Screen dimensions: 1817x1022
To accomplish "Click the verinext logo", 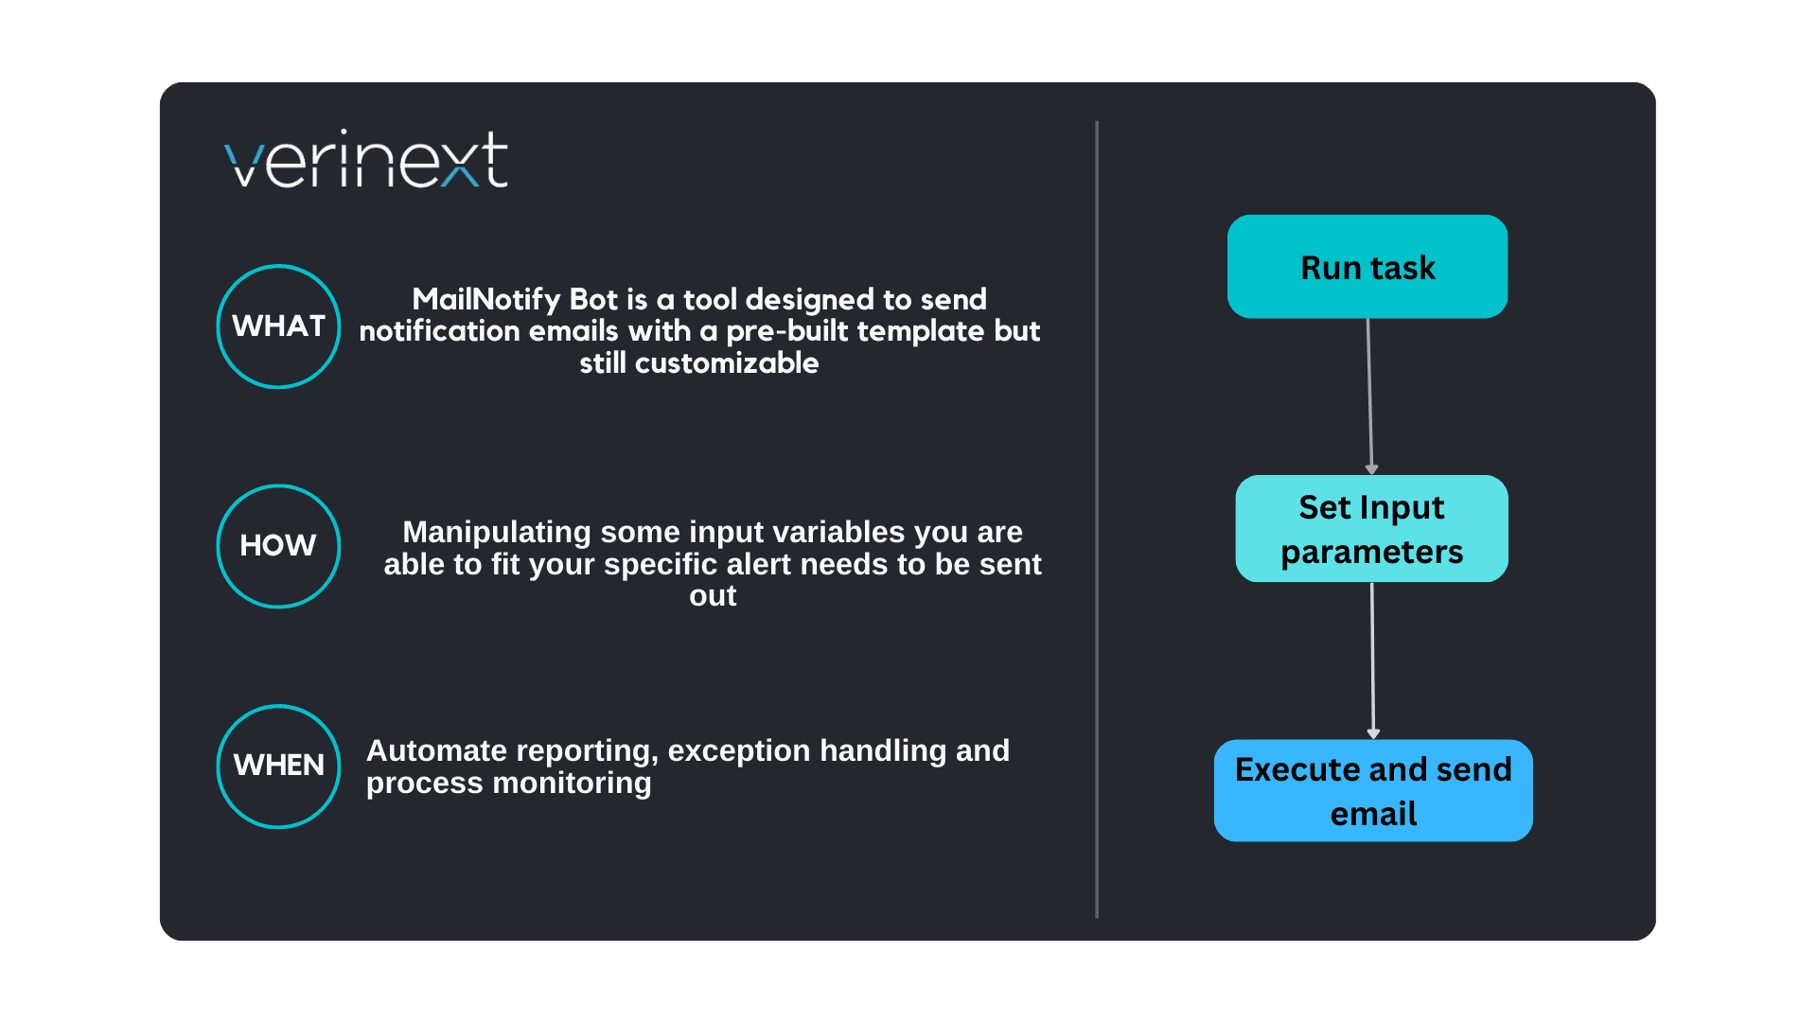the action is tap(366, 159).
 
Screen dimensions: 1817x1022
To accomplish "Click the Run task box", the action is tap(1367, 267).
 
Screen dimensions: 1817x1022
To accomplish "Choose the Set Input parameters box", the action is tap(1371, 529).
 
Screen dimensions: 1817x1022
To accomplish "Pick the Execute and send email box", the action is tap(1373, 791).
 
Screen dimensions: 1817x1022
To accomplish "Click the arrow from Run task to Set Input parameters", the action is tap(1369, 396).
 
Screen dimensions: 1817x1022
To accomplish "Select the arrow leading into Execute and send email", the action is tap(1372, 661).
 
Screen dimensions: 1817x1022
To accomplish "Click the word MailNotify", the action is tap(486, 299).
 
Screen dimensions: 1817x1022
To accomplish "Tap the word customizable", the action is tap(727, 362).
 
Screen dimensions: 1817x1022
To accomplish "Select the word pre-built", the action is tap(787, 331).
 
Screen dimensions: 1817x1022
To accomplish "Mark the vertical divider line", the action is tap(1097, 519).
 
